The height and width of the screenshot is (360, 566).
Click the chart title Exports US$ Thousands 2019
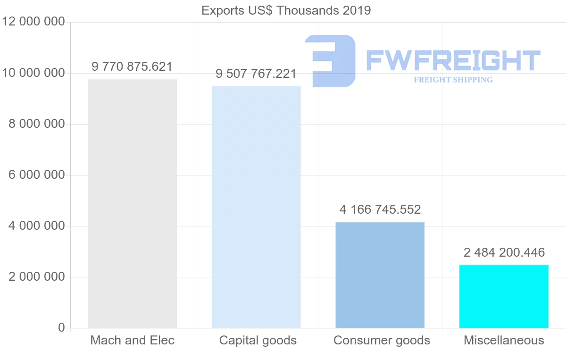286,10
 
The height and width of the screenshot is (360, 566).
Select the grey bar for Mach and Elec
132,203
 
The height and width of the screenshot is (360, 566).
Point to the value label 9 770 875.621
132,67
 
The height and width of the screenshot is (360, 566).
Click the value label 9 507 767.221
256,74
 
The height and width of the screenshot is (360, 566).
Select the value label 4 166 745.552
380,209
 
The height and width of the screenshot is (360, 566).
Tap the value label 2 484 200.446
504,252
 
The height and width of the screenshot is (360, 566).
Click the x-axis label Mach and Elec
132,340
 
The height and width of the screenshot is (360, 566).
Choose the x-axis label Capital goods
258,340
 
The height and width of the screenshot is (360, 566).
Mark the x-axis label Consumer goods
382,340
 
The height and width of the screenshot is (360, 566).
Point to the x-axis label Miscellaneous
504,340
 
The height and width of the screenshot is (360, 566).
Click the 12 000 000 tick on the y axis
33,22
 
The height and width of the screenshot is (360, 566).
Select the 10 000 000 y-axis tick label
33,73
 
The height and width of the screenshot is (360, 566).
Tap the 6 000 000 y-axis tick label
36,175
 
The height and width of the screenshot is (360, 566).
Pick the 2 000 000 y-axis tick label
36,277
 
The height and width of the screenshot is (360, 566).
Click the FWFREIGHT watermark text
453,60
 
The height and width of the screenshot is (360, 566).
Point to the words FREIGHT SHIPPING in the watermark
453,80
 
